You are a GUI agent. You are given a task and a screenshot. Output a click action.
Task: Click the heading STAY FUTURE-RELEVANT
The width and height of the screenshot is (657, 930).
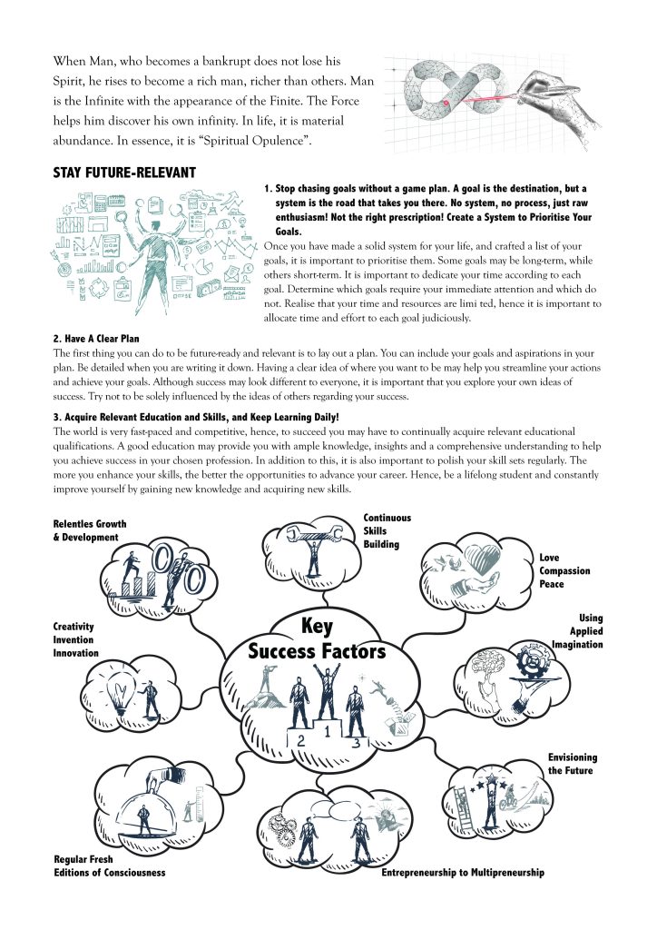point(124,173)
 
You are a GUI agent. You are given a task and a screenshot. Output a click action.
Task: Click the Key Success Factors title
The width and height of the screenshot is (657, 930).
point(317,639)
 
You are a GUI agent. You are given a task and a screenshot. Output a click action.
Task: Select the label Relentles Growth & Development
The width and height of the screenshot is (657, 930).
point(90,530)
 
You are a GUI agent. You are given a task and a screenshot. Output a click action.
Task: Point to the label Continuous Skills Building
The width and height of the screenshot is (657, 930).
point(387,530)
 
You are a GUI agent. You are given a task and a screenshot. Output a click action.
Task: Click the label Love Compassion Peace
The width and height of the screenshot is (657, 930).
point(564,570)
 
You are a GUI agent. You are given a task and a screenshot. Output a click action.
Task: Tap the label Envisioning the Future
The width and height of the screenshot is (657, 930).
point(572,764)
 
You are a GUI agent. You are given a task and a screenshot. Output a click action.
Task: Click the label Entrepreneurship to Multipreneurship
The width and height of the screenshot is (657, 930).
point(463,873)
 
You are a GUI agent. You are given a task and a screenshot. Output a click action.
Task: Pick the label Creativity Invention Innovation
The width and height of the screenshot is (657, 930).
point(74,639)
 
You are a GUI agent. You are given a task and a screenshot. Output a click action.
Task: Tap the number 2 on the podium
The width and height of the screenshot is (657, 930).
point(300,740)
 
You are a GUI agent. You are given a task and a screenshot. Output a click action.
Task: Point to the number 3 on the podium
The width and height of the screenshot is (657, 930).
point(357,743)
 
